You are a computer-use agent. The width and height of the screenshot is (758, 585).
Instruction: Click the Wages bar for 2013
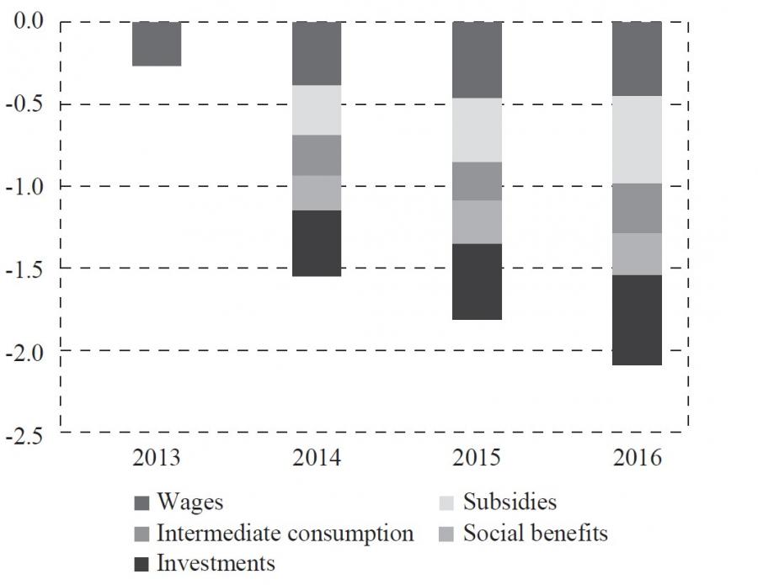[157, 44]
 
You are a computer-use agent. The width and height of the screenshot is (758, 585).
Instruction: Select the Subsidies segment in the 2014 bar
[317, 110]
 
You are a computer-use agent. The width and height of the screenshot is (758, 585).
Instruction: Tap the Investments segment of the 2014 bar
[317, 243]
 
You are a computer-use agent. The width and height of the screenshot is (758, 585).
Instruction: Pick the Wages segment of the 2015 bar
[477, 60]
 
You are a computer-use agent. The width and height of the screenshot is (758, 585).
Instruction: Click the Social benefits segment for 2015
[477, 222]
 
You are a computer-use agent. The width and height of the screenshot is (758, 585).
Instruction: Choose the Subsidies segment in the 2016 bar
[637, 140]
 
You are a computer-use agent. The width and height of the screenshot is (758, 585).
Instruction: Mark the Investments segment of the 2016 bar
[637, 320]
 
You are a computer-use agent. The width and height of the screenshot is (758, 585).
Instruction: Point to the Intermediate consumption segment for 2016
[637, 208]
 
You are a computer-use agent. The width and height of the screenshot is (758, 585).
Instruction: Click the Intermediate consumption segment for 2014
[317, 155]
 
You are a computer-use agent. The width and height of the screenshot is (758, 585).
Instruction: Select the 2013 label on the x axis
[157, 459]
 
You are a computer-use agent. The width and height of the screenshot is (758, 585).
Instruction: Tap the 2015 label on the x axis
[477, 459]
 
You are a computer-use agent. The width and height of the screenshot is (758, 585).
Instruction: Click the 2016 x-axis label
[638, 459]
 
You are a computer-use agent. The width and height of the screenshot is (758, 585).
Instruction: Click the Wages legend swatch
[142, 503]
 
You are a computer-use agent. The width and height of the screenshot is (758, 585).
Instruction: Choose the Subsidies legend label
[510, 503]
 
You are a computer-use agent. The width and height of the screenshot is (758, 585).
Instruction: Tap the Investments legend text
[216, 562]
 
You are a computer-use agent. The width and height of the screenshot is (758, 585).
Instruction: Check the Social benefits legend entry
[535, 533]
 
